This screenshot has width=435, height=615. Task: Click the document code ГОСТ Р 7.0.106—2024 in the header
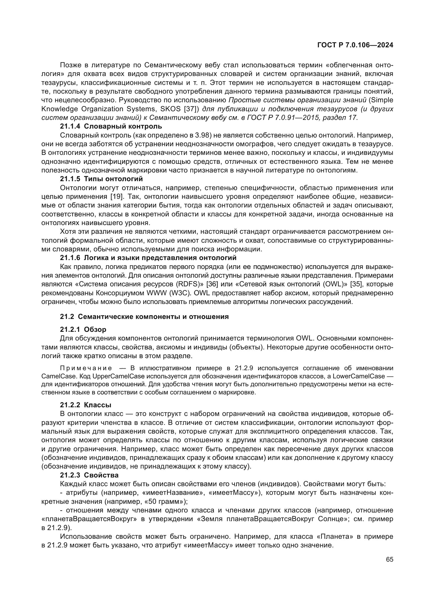(355, 45)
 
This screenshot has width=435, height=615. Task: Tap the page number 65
(390, 559)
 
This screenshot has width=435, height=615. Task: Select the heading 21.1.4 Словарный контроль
(111, 126)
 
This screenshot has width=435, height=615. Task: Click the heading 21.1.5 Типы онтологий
(101, 179)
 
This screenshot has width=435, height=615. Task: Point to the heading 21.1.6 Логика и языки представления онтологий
(148, 258)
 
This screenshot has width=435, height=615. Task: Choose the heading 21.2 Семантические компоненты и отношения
(144, 317)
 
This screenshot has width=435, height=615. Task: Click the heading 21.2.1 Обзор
(83, 329)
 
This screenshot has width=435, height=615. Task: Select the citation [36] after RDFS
(213, 284)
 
